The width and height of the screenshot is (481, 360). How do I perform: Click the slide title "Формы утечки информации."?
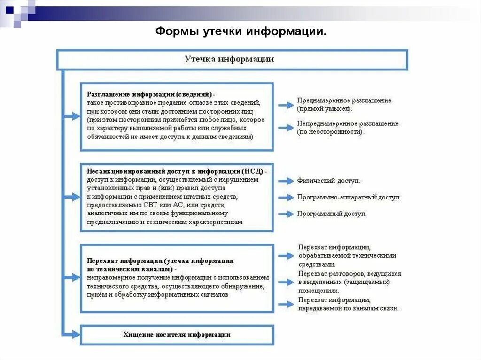(x=240, y=31)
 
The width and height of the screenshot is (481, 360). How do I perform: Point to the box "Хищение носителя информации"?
(x=177, y=335)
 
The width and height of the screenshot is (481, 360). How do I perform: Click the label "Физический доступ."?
(x=328, y=181)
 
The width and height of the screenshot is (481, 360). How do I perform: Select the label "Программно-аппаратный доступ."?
(x=349, y=198)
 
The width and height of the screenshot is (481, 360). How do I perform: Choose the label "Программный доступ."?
(x=332, y=214)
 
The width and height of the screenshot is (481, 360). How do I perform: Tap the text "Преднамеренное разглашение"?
(x=344, y=100)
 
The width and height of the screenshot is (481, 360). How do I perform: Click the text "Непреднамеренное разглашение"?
(x=348, y=123)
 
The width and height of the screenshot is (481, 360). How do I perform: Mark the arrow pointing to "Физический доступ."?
(x=286, y=181)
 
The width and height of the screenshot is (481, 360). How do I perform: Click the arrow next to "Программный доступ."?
(x=286, y=214)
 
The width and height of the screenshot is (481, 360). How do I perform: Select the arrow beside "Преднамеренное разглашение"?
(x=286, y=105)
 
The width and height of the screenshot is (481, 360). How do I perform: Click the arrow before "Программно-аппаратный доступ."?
(x=286, y=198)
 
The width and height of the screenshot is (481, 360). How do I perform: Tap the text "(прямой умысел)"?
(x=324, y=109)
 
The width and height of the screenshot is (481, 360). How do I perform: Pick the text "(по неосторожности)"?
(x=330, y=132)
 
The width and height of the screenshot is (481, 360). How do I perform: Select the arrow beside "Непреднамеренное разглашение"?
(x=286, y=127)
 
